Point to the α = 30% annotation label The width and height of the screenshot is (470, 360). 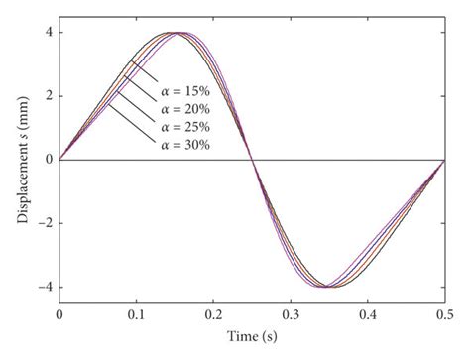(x=190, y=147)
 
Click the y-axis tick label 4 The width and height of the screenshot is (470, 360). (x=48, y=32)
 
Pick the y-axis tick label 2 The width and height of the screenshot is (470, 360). (x=48, y=95)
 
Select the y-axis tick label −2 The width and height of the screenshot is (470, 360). (x=45, y=223)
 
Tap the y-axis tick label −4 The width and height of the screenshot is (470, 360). (x=45, y=288)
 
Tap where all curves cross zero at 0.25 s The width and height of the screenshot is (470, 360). (x=252, y=159)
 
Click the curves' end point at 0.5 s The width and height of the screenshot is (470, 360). (x=445, y=159)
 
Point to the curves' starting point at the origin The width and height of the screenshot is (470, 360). (x=59, y=159)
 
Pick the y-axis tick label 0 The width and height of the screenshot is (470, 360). (x=48, y=160)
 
